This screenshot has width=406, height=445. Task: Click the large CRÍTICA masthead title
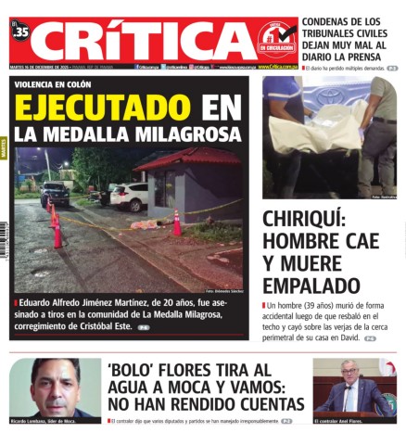click(x=148, y=41)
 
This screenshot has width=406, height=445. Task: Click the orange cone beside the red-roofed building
click(x=176, y=223)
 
